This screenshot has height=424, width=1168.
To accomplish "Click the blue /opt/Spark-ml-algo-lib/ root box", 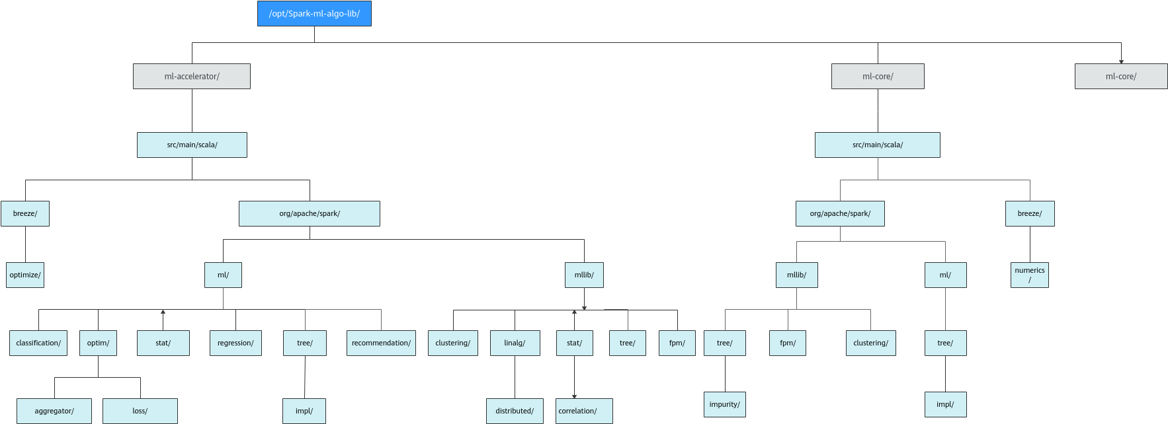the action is click(314, 14).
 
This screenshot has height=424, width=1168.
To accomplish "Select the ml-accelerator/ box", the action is click(192, 77).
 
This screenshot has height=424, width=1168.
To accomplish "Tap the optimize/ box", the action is click(25, 275).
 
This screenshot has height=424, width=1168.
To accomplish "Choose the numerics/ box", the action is click(1030, 275).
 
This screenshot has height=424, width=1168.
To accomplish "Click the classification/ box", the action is click(38, 343).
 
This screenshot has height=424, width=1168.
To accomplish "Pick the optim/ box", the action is click(98, 343).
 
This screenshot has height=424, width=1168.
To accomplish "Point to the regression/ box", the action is click(235, 343).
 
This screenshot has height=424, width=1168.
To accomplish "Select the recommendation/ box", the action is click(381, 343).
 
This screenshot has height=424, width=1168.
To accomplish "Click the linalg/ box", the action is click(515, 343).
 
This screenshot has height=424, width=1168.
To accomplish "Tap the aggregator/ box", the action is click(54, 411).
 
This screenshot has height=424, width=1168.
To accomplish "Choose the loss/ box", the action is click(140, 411).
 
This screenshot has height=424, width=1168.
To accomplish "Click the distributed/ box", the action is click(515, 411).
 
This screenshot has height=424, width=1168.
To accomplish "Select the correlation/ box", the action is click(584, 411).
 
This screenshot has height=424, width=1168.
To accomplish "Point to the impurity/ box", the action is click(725, 405).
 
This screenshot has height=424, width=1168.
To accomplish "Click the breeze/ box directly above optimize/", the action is click(25, 214).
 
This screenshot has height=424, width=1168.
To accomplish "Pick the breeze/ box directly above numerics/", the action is click(1030, 214).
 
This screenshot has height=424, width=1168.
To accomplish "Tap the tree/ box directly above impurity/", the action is click(725, 343).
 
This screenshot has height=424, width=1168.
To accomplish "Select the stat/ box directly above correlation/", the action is click(574, 343).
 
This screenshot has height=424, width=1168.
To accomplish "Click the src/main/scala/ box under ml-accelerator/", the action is click(192, 145).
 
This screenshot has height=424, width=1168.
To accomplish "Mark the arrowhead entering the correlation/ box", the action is click(574, 396).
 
